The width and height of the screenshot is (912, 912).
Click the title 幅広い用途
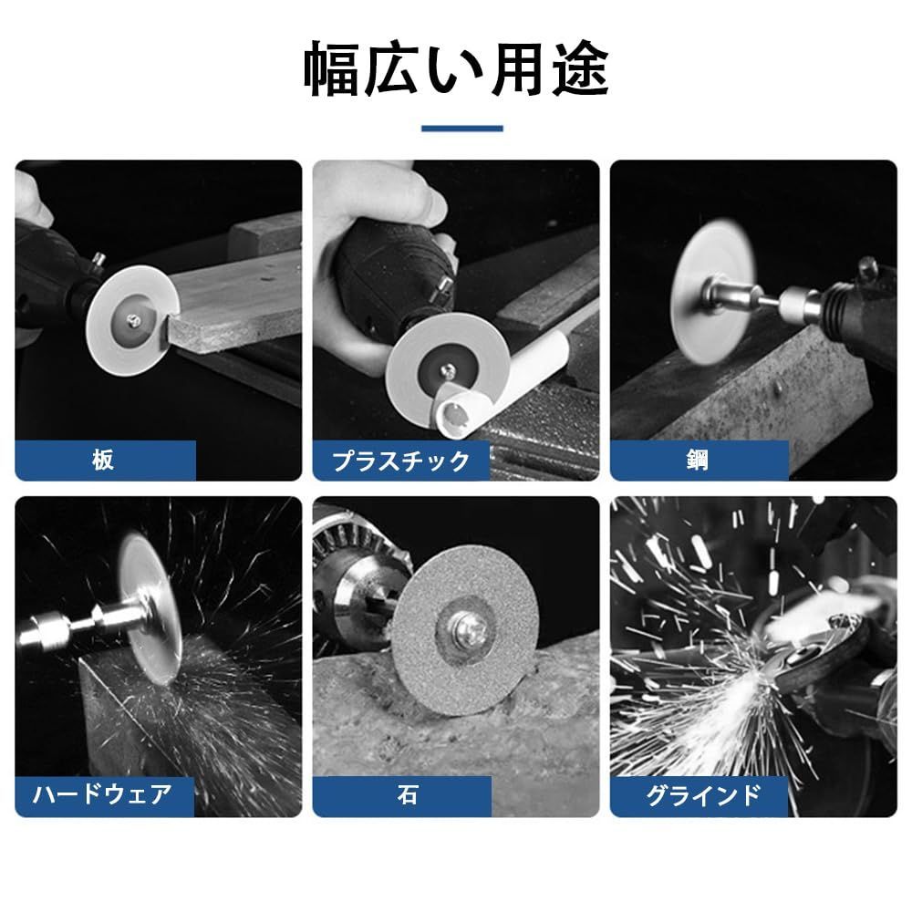click(x=456, y=69)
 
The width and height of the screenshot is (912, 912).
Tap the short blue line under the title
click(x=461, y=129)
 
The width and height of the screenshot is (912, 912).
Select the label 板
click(x=103, y=460)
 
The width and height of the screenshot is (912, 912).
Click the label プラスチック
click(x=400, y=461)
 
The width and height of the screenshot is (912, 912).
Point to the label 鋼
click(x=698, y=460)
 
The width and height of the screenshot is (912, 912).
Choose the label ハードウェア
click(x=102, y=795)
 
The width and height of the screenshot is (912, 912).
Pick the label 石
click(x=407, y=794)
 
